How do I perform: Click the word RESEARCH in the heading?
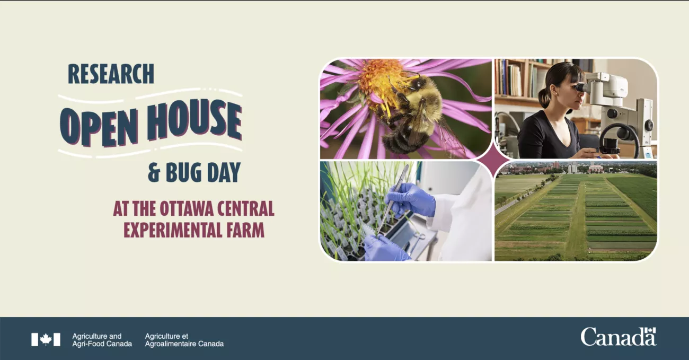pyautogui.click(x=111, y=74)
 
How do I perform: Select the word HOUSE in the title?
pyautogui.click(x=195, y=119)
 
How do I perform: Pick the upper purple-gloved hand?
pyautogui.click(x=410, y=199)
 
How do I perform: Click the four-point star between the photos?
pyautogui.click(x=493, y=160)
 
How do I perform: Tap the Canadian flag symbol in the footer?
pyautogui.click(x=46, y=340)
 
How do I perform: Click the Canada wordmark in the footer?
pyautogui.click(x=619, y=337)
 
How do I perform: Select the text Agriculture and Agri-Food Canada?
pyautogui.click(x=102, y=340)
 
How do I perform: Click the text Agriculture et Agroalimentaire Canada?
pyautogui.click(x=184, y=340)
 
